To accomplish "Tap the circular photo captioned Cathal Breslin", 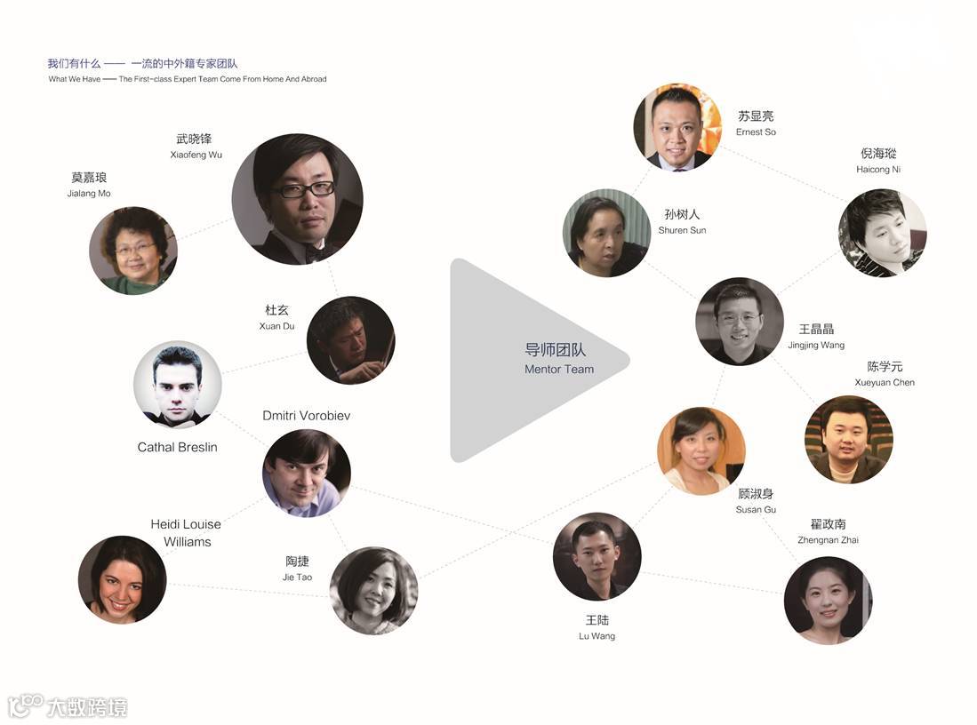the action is click(177, 385).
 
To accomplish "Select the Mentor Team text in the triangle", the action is click(559, 369).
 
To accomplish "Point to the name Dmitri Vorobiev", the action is click(307, 416).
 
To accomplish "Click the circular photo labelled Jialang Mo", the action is click(133, 251).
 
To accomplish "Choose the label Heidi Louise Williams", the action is click(186, 533).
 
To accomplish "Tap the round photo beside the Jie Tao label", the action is click(373, 590).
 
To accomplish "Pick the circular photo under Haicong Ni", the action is click(882, 233).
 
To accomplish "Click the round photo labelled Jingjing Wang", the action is click(740, 321).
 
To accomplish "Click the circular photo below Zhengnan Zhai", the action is click(828, 600).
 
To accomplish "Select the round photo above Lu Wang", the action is click(597, 556).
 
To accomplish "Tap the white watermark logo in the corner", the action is click(68, 706).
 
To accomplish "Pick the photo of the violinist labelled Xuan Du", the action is click(350, 340).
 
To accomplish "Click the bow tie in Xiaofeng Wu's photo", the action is click(314, 251).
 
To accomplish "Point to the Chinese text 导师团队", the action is click(556, 350).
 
